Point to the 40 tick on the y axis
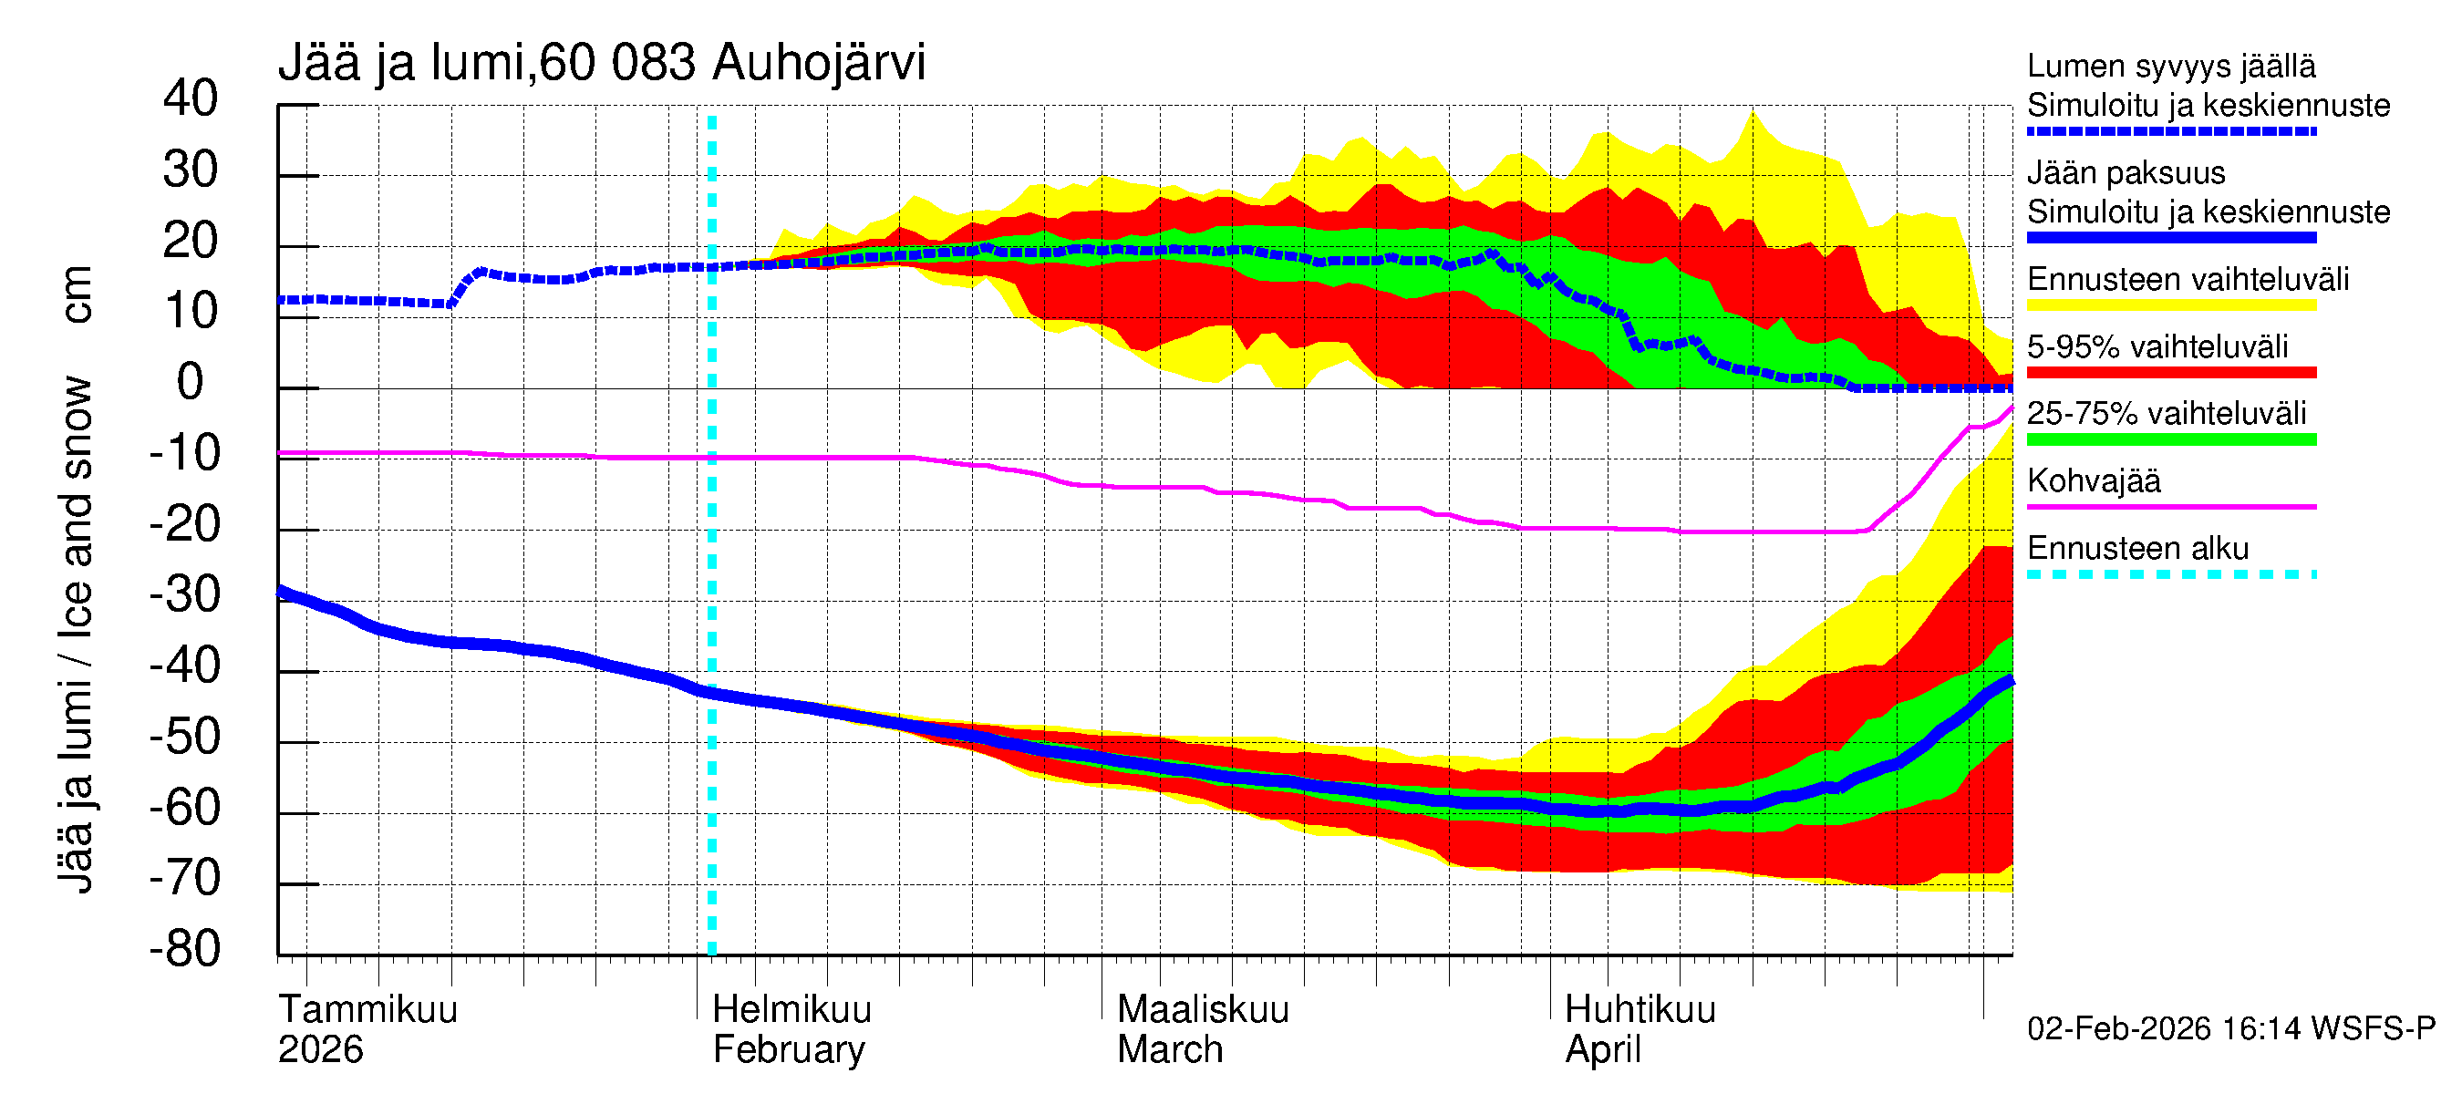point(191,98)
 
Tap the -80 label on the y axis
point(184,949)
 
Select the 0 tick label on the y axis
point(191,382)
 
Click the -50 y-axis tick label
point(184,737)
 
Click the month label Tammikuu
point(368,1010)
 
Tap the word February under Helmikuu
point(789,1050)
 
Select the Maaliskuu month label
point(1203,1010)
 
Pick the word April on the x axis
point(1602,1050)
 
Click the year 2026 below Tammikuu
point(320,1050)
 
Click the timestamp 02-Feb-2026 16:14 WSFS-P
point(2230,1029)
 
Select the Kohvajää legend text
point(2093,480)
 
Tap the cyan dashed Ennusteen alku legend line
point(2170,574)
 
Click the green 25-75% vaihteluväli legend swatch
point(2170,439)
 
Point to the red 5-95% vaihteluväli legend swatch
point(2170,373)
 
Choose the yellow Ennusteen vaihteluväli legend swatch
point(2170,304)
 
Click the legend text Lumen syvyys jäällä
point(2170,66)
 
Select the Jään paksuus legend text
point(2126,173)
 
